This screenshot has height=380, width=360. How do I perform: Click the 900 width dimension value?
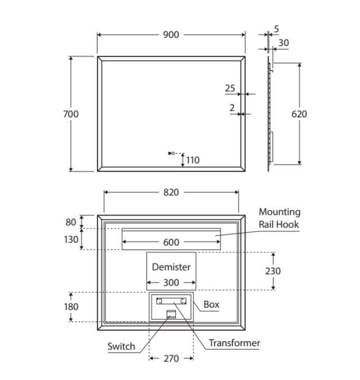[x=170, y=35]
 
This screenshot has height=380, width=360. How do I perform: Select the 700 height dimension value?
[x=71, y=114]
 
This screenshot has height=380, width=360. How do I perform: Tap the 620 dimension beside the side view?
[x=299, y=114]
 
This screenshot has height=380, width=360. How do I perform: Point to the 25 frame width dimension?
[x=230, y=89]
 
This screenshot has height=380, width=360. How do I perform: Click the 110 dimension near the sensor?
[x=193, y=160]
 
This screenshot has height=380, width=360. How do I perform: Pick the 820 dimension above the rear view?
[x=170, y=193]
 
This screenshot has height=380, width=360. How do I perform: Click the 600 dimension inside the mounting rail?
[x=170, y=243]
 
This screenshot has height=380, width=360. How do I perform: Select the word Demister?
[x=171, y=267]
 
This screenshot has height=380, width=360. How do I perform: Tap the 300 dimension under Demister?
[x=170, y=282]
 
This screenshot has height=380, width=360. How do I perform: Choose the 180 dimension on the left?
[x=71, y=307]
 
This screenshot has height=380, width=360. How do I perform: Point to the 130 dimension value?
[x=71, y=239]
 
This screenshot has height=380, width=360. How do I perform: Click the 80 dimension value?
[x=71, y=222]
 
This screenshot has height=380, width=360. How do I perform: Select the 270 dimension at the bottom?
[x=170, y=359]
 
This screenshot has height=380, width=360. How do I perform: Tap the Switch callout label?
[x=121, y=347]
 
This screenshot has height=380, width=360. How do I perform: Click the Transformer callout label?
[x=234, y=343]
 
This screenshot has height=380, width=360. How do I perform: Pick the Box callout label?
[x=211, y=305]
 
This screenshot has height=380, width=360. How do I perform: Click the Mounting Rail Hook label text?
[x=279, y=218]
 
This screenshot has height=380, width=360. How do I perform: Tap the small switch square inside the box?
[x=170, y=315]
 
